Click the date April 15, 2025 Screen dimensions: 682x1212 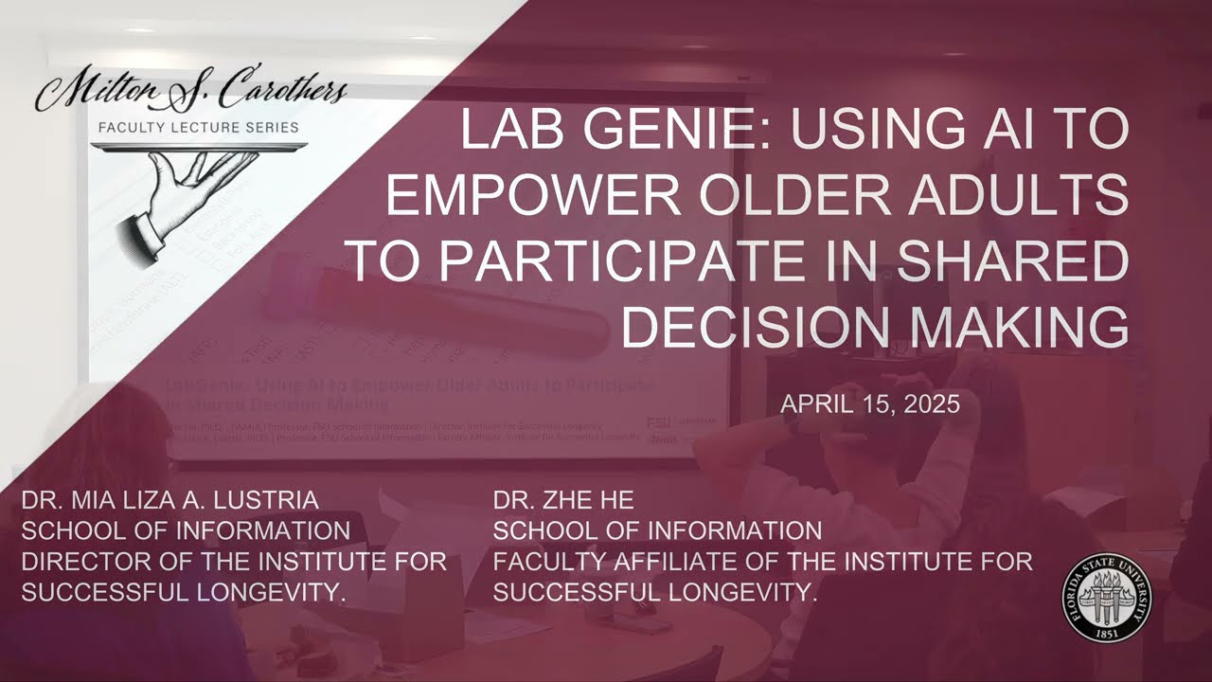pyautogui.click(x=870, y=404)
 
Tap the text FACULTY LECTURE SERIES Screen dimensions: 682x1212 pyautogui.click(x=199, y=127)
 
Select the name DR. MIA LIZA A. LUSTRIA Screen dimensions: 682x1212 pyautogui.click(x=170, y=500)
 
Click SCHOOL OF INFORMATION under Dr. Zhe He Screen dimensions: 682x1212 pyautogui.click(x=657, y=530)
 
